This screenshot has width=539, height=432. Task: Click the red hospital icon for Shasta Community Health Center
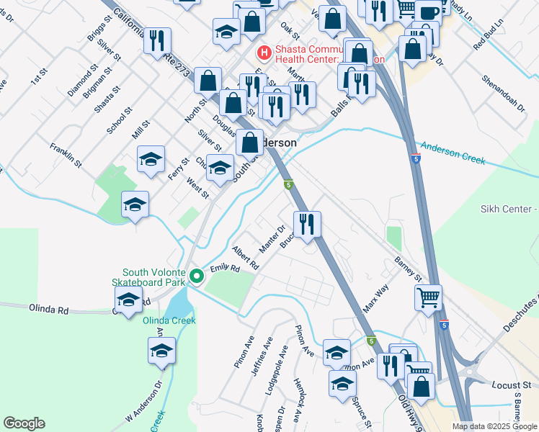(264, 53)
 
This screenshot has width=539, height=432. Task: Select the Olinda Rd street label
(48, 310)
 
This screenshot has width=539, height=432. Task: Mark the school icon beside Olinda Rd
(128, 302)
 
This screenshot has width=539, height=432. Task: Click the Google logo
(24, 423)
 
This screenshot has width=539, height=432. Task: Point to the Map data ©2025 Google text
(494, 426)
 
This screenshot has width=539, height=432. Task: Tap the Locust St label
(510, 387)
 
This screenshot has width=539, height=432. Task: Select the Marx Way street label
(375, 297)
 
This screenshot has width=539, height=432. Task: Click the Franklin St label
(66, 156)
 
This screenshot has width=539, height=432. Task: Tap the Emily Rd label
(224, 269)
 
